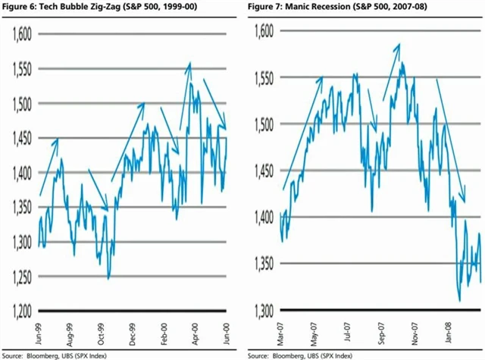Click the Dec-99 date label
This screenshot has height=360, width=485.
click(133, 330)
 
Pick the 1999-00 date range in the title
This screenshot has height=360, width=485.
click(176, 8)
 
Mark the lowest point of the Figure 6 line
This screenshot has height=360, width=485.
click(108, 279)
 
